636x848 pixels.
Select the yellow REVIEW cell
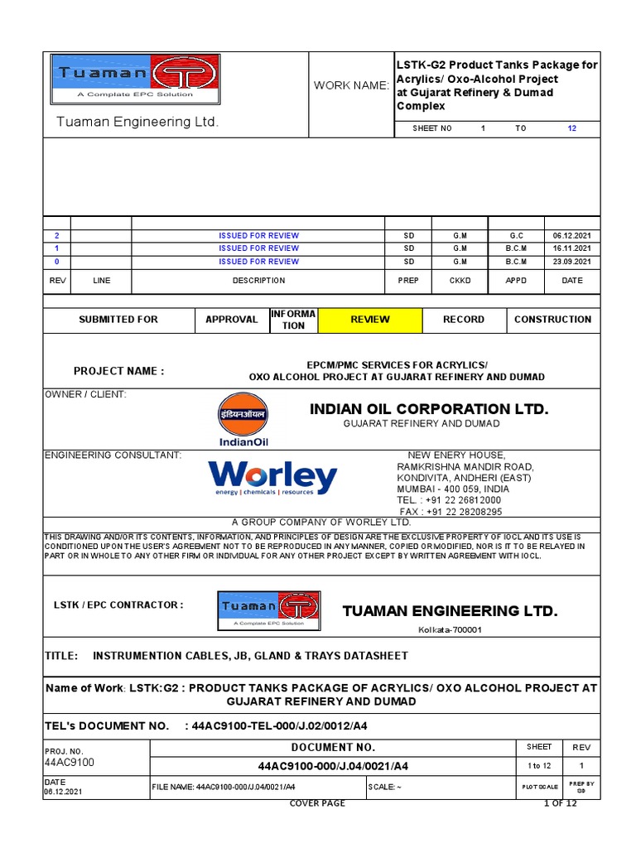(x=370, y=320)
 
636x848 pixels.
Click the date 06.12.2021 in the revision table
(x=572, y=236)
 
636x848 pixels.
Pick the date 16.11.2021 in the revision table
(x=572, y=248)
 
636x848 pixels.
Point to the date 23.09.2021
(x=572, y=262)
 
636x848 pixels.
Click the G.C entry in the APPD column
(x=516, y=236)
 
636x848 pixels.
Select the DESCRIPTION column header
(x=258, y=281)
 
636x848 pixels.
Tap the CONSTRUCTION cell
(x=552, y=320)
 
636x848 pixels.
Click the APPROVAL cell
(x=232, y=320)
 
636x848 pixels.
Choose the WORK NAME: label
(x=350, y=86)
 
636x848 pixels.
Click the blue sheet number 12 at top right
(x=571, y=129)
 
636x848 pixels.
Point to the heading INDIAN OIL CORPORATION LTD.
(x=429, y=409)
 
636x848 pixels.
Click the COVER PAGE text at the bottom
(x=317, y=803)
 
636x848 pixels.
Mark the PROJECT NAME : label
(x=119, y=371)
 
